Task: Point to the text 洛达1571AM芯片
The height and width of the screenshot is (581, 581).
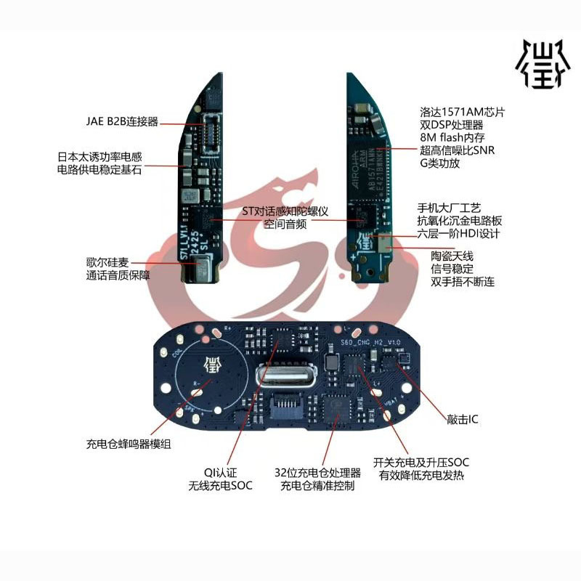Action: tap(462, 113)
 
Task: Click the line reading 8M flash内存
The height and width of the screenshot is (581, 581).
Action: tap(455, 138)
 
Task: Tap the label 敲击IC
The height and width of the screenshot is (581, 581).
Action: tap(463, 420)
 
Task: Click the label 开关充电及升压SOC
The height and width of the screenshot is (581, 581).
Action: tap(421, 463)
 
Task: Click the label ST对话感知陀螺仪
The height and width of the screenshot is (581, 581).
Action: tap(286, 211)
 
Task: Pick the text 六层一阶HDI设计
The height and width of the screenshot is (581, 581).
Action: tap(458, 233)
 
